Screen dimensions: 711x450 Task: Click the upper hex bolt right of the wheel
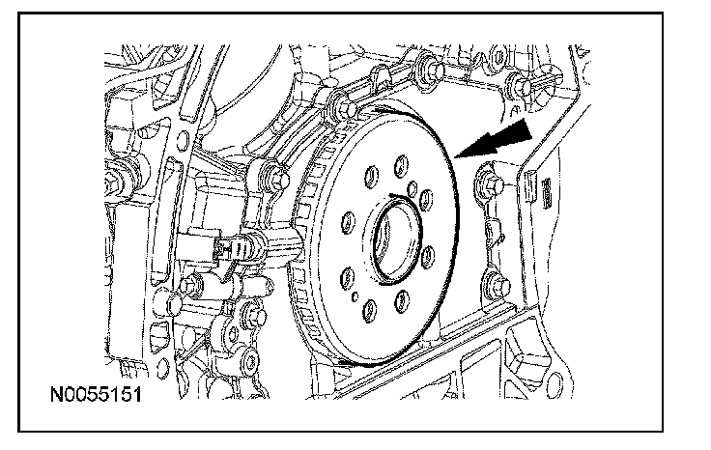tap(490, 180)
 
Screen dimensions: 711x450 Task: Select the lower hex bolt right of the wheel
tap(497, 285)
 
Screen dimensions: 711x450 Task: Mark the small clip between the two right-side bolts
tap(494, 232)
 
